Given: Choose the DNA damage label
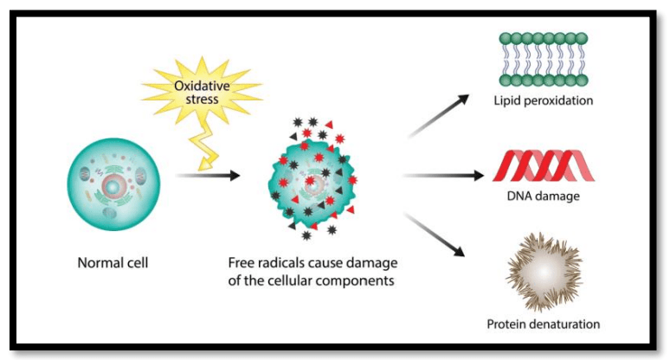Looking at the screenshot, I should point(544,196).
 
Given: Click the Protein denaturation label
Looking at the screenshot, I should point(543,325).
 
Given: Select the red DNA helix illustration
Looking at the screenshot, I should point(544,165).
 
